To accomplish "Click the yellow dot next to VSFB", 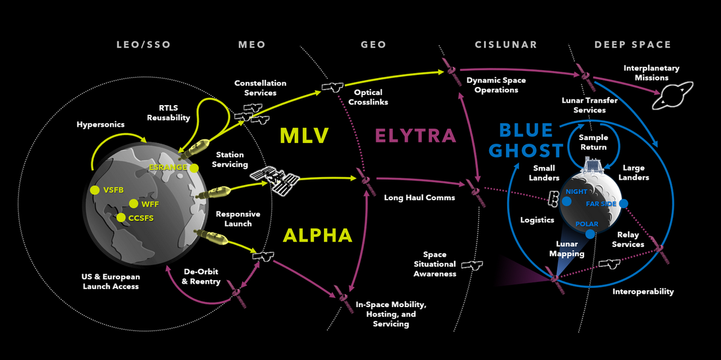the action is click(94, 190).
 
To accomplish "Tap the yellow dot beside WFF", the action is click(133, 204).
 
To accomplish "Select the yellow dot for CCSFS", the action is click(121, 218).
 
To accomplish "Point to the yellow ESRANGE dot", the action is click(193, 168).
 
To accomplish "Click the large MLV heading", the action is click(305, 136).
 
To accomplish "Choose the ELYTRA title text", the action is click(415, 136).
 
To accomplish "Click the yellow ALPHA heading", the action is click(318, 235).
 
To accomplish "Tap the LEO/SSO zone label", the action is click(144, 45).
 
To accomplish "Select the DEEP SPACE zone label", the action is click(633, 45).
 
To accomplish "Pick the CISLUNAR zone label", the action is click(506, 45).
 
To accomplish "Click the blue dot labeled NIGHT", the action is click(567, 200).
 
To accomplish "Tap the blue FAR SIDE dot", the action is click(623, 204).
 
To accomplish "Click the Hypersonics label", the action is click(100, 124).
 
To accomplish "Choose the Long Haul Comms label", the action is click(419, 197).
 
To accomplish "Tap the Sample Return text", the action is click(593, 142).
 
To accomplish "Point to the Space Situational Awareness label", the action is click(434, 264).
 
